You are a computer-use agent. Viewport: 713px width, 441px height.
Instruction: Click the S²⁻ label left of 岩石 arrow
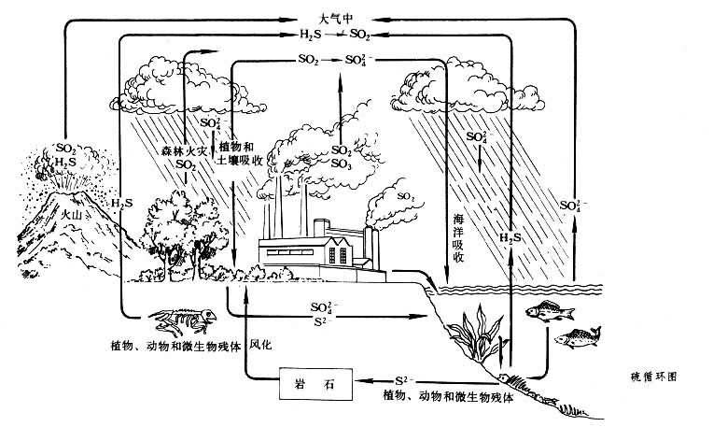[x=404, y=379]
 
